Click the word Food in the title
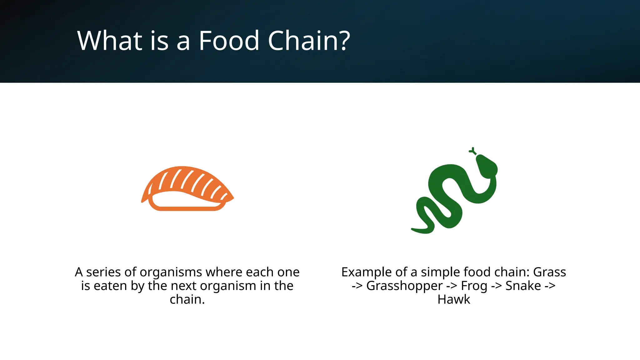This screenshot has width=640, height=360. pyautogui.click(x=229, y=41)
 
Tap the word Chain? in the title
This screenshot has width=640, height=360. pyautogui.click(x=309, y=41)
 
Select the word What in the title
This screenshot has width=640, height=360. pyautogui.click(x=110, y=41)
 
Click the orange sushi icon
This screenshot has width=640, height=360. pyautogui.click(x=187, y=188)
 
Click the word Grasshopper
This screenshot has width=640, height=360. pyautogui.click(x=404, y=286)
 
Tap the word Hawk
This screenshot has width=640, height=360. pyautogui.click(x=454, y=299)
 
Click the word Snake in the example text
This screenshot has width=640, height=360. pyautogui.click(x=523, y=286)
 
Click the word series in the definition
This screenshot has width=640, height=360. pyautogui.click(x=103, y=272)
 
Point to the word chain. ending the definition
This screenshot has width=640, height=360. pyautogui.click(x=187, y=299)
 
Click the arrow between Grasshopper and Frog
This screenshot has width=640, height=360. pyautogui.click(x=452, y=286)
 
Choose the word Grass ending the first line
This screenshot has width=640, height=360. pyautogui.click(x=549, y=272)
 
